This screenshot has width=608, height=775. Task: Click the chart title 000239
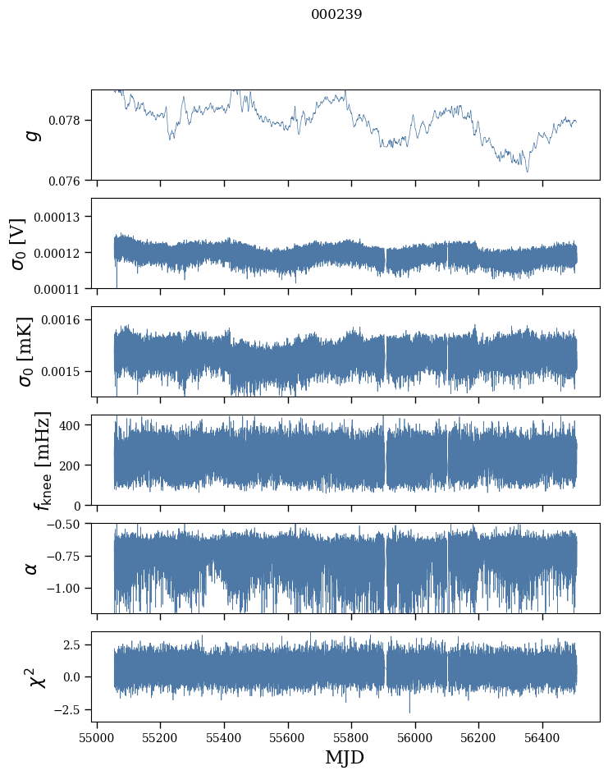pyautogui.click(x=336, y=14)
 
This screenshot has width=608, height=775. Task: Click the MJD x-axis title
pyautogui.click(x=345, y=757)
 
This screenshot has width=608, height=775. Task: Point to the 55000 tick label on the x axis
pyautogui.click(x=97, y=737)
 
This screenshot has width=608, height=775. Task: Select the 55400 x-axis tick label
pyautogui.click(x=224, y=737)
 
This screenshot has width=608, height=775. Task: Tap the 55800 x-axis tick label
pyautogui.click(x=351, y=737)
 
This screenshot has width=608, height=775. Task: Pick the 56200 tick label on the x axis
pyautogui.click(x=478, y=737)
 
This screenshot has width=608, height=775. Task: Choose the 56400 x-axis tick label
pyautogui.click(x=542, y=737)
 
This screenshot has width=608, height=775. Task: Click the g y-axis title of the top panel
pyautogui.click(x=33, y=135)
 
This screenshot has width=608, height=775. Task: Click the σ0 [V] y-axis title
pyautogui.click(x=18, y=243)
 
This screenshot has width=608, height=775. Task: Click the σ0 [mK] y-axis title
pyautogui.click(x=18, y=351)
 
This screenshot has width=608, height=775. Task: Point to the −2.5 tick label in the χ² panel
pyautogui.click(x=69, y=709)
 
